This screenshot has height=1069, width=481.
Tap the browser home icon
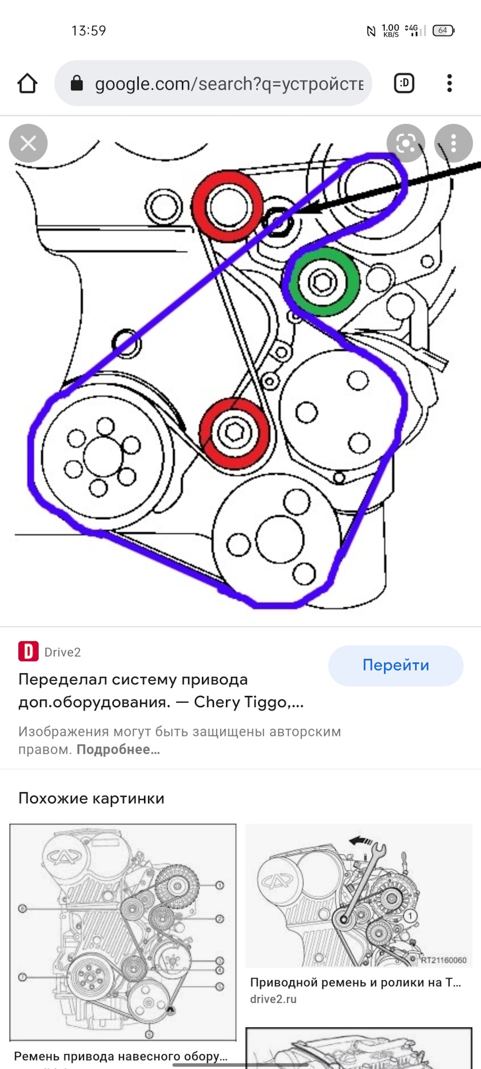(27, 84)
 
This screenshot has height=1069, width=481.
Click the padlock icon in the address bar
(77, 84)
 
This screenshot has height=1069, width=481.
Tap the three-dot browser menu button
(449, 83)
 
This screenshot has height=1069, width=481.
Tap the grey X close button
(28, 144)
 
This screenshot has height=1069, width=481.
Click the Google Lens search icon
(406, 144)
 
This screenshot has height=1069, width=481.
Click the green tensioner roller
(322, 282)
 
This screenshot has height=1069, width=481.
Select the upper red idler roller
(228, 206)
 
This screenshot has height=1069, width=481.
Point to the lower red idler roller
(234, 433)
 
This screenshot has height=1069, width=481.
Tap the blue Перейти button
(396, 665)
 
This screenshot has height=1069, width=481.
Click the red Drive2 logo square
(28, 651)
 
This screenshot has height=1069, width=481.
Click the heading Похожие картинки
(91, 798)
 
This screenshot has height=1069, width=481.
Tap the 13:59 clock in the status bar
(89, 31)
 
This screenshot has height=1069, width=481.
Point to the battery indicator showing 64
(444, 30)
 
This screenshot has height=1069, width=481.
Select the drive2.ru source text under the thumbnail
(273, 999)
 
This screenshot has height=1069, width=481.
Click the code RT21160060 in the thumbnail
(443, 960)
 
